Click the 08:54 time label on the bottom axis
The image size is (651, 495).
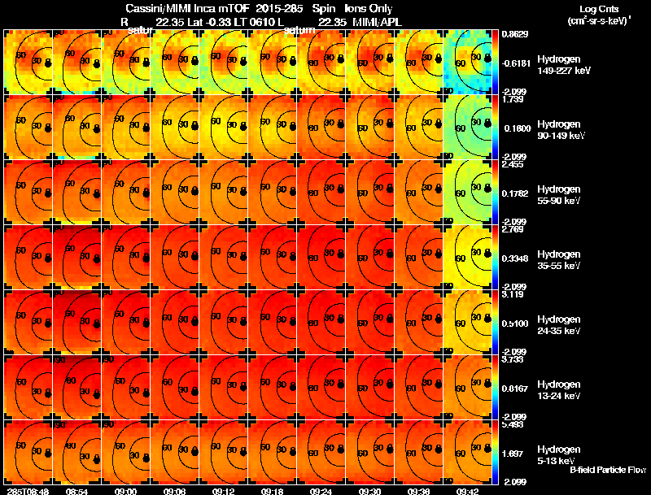coord(77,490)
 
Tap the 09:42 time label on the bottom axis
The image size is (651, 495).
coord(467,490)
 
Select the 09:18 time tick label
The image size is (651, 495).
coord(272,490)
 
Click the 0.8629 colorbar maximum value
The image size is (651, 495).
coord(513,34)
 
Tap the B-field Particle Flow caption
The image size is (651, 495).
coord(607,470)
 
